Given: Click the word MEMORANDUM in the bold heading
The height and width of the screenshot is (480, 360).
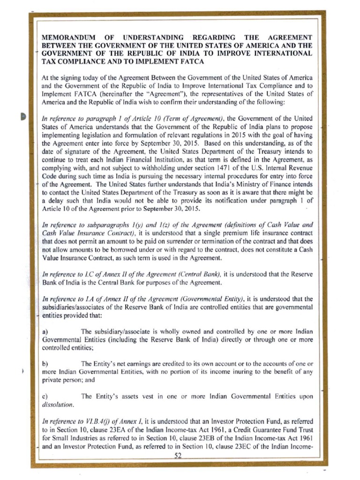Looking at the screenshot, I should pos(71,37).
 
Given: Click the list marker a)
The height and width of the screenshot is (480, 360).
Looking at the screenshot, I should pos(45,331).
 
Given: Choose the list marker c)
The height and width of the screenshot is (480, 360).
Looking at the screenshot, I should pos(45,397).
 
